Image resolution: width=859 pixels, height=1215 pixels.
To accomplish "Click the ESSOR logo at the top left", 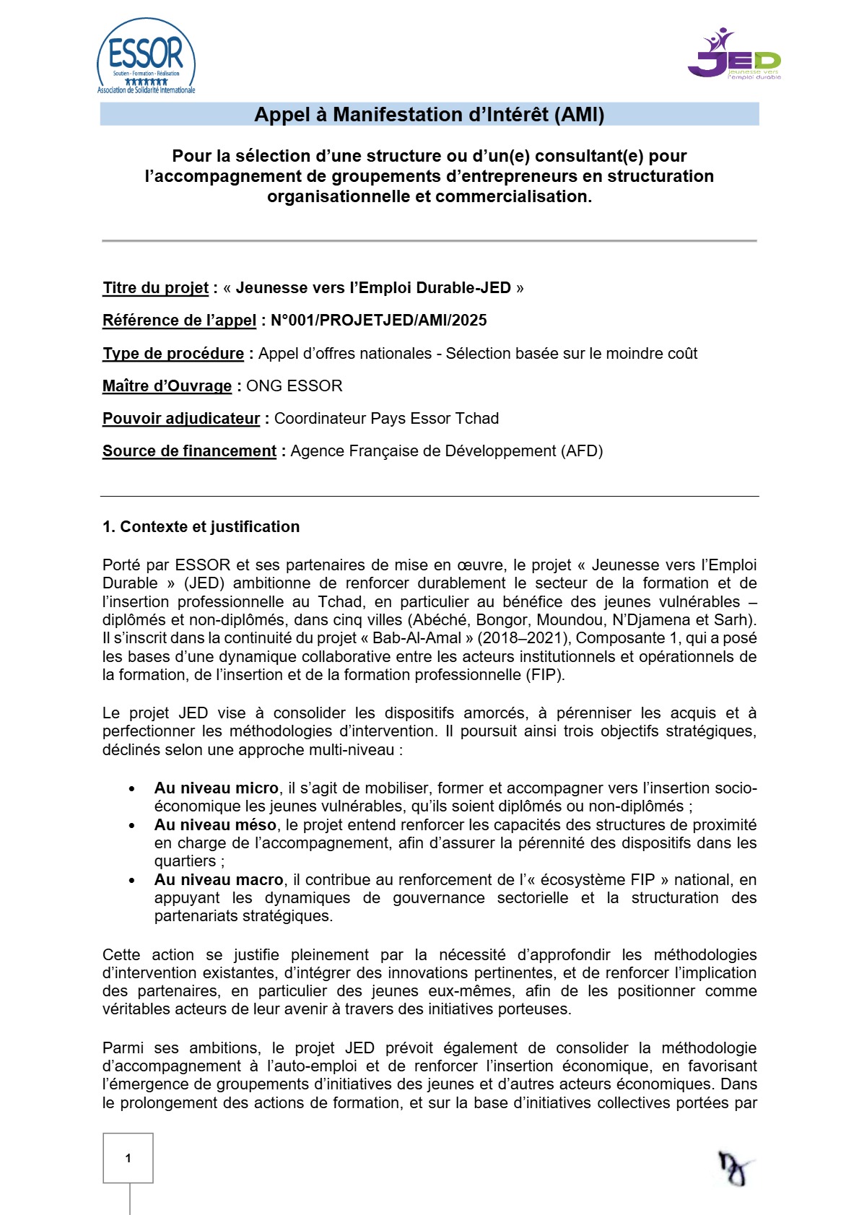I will tap(147, 57).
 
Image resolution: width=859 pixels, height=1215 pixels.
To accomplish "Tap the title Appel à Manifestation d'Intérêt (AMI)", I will tap(429, 115).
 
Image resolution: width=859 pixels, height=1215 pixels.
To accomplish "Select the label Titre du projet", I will tap(155, 288).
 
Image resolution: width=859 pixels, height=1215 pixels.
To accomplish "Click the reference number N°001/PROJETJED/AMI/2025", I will tap(379, 321).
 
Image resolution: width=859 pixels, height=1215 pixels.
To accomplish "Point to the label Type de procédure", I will tap(173, 354).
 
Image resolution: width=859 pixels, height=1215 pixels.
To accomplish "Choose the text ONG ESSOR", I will tap(295, 386).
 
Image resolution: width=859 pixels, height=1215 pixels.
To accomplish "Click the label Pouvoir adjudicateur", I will tap(181, 419).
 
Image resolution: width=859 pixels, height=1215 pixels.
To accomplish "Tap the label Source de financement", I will tap(189, 451).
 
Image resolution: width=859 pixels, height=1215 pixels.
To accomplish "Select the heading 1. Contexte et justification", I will tap(201, 527).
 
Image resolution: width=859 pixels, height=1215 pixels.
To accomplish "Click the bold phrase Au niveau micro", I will tap(216, 788).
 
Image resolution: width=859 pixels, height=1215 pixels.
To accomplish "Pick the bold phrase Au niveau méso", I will tap(215, 825).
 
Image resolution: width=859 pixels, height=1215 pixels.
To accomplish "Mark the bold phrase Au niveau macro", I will tap(219, 880).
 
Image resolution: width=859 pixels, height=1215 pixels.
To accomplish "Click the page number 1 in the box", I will tap(128, 1158).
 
